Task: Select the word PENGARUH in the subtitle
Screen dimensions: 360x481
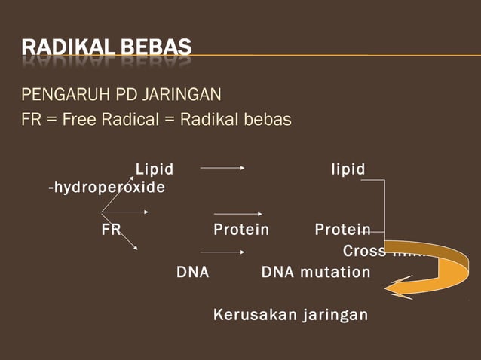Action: [57, 95]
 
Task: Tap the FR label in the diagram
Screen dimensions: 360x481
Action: [111, 230]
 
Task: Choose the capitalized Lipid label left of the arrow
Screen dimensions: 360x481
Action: [154, 169]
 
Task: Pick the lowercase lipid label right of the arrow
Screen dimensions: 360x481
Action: [348, 169]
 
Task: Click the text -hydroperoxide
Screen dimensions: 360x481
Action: [106, 187]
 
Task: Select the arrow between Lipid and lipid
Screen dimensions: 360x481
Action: [222, 169]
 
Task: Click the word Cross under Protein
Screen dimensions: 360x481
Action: [364, 251]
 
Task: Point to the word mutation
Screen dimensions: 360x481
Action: [335, 272]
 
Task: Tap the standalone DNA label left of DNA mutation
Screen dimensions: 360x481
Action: [193, 272]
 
